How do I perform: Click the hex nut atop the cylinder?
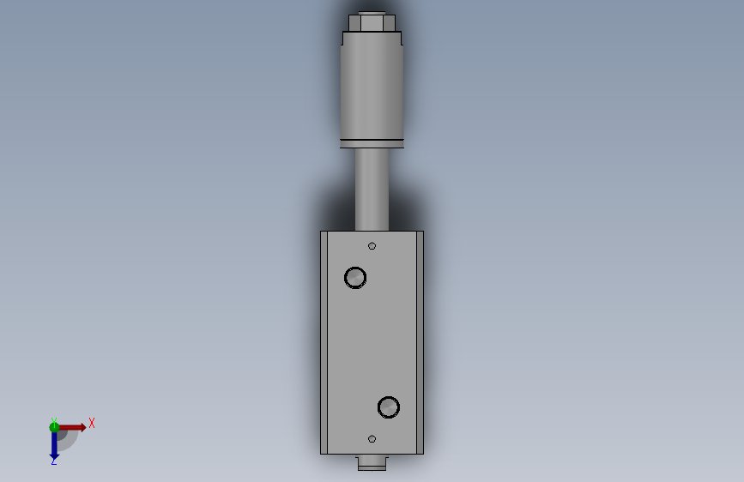tap(372, 23)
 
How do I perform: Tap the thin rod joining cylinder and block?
tap(372, 190)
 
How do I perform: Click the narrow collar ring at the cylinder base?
tap(372, 144)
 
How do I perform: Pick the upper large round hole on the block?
tap(355, 278)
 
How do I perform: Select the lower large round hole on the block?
tap(389, 407)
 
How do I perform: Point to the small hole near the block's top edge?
tap(372, 246)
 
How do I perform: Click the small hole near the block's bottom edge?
tap(372, 439)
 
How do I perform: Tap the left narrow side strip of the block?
tap(324, 342)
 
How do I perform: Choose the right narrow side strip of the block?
tap(420, 342)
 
